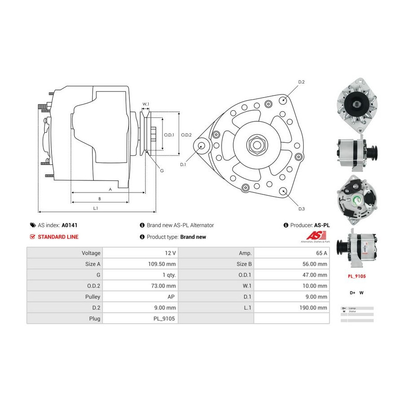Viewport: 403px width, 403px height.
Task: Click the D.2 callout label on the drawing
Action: coord(301,82)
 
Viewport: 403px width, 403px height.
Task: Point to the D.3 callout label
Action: coord(301,209)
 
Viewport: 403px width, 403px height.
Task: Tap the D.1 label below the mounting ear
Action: coord(183,165)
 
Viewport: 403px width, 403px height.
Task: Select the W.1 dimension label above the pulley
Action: coord(146,104)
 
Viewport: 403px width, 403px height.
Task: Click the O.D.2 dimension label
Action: coord(186,135)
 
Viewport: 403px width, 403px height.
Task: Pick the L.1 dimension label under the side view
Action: coord(95,208)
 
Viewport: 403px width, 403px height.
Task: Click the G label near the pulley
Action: coord(162,171)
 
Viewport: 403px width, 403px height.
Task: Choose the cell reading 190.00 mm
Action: coord(313,308)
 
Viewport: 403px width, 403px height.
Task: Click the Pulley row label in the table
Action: coord(93,296)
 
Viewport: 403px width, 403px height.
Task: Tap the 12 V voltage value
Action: coord(170,253)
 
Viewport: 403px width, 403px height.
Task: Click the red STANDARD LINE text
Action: coord(58,237)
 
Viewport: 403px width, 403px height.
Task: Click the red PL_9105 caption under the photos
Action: coord(357,276)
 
